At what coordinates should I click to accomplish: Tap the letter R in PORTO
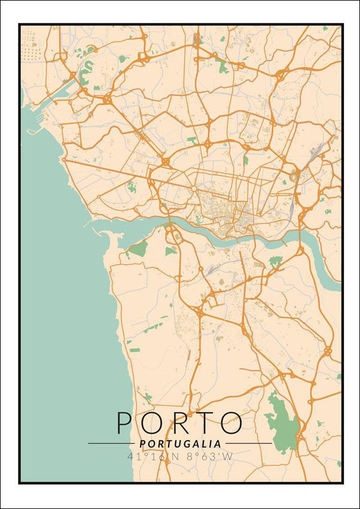[179, 423]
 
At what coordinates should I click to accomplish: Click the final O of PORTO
[231, 423]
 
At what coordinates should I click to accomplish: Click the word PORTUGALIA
[180, 444]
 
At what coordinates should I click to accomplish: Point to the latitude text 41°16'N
[149, 456]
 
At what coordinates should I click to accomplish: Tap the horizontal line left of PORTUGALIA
[111, 444]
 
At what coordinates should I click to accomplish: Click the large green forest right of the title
[281, 425]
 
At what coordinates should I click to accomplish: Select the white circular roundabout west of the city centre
[194, 189]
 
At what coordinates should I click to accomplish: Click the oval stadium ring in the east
[294, 175]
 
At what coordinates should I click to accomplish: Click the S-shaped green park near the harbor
[86, 72]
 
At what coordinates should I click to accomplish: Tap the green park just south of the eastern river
[275, 261]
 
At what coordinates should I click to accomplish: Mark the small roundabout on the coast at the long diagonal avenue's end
[64, 160]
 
